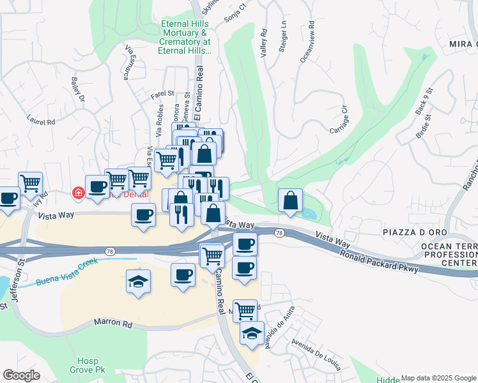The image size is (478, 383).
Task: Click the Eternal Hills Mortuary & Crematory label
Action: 185,37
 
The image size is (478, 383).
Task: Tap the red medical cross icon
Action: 79,192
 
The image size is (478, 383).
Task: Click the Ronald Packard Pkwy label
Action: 380,261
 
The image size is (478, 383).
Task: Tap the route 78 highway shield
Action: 279,234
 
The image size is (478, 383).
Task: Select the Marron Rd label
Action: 113,324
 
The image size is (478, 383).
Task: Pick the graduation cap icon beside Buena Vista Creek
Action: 138,282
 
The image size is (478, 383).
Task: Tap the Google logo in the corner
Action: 21,375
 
